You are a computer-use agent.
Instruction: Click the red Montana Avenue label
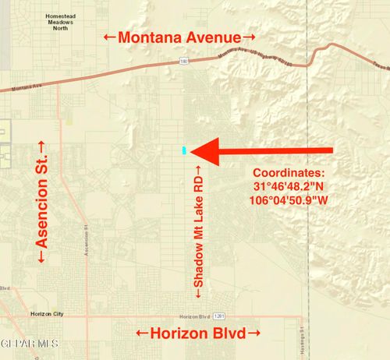tap(180, 37)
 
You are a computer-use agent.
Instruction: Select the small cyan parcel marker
tap(184, 150)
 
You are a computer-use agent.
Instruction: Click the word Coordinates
tap(289, 173)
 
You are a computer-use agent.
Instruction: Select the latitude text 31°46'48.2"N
tap(289, 187)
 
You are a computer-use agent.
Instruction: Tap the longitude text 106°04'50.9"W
tap(289, 201)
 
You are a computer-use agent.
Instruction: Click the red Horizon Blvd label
tap(198, 334)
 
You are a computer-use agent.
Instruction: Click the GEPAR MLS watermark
tap(30, 343)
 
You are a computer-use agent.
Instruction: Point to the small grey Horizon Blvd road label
tap(194, 316)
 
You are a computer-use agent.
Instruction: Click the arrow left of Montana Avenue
tap(109, 37)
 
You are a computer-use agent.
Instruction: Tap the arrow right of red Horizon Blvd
tap(253, 334)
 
